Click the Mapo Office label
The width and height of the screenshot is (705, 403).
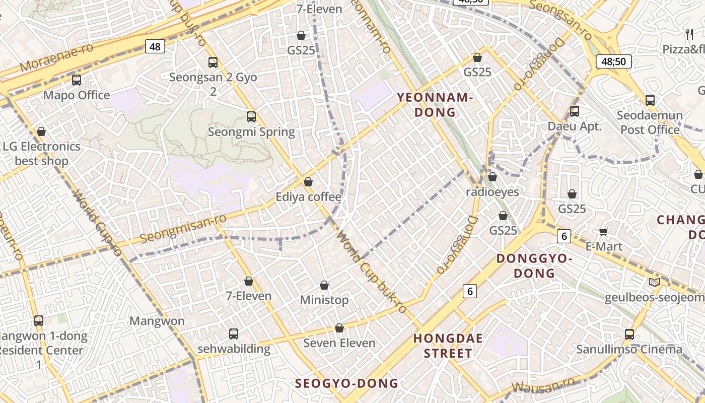pos(77,95)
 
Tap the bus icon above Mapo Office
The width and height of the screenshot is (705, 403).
pos(77,80)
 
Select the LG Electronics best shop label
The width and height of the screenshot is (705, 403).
pos(42,154)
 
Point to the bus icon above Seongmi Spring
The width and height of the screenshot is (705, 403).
pos(251,117)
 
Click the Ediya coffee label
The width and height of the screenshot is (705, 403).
pos(308,197)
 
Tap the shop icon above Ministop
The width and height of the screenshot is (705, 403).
pos(324,286)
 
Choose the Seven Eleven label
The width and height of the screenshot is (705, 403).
pos(339,343)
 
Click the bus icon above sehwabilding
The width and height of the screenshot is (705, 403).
pos(234,333)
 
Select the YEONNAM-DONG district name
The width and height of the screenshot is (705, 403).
pos(435,105)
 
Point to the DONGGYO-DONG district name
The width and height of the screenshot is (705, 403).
pos(534,266)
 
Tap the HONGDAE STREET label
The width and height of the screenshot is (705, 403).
pos(448,346)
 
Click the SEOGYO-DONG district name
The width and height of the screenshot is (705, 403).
pos(346,383)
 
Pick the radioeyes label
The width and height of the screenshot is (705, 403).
pos(492,192)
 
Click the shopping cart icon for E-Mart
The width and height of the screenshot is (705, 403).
pos(604,232)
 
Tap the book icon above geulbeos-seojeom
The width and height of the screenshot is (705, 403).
pos(655,283)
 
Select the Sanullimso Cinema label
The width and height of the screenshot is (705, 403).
pos(629,349)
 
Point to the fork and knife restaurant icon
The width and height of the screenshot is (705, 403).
pos(689,34)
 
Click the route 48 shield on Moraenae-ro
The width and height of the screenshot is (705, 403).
pos(155,47)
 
